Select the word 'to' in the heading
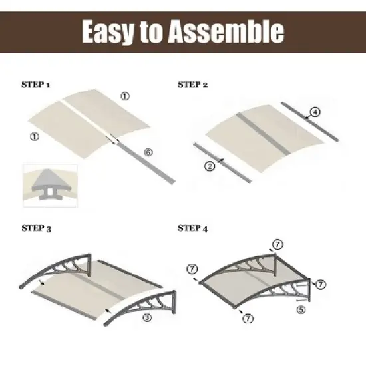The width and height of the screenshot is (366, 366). pos(157,31)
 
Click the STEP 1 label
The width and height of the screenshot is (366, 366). pos(37,86)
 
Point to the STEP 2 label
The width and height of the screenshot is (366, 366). pos(193,86)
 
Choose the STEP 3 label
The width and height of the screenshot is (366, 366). pos(37,229)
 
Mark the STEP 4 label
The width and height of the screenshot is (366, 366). pos(193,229)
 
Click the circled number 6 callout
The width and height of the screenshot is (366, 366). pos(148,152)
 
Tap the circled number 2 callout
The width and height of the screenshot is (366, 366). pos(210,167)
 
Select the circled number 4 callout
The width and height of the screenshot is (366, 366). pos(315,111)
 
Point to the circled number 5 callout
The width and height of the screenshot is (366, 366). pos(301,309)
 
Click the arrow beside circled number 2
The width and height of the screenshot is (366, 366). pos(220,162)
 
